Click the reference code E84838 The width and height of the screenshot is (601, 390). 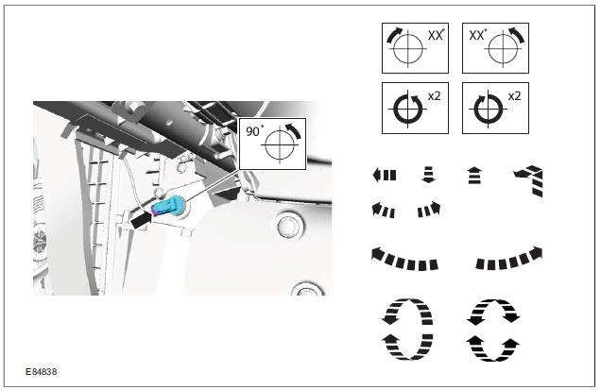coord(41,372)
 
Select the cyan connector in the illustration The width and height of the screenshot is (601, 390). coord(168,206)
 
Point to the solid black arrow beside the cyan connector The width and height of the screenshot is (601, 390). coord(141,220)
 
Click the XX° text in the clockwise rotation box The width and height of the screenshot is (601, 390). coord(436,35)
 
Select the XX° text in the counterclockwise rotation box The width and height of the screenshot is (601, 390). coord(477,35)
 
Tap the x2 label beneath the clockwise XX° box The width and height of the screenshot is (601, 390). coord(434,96)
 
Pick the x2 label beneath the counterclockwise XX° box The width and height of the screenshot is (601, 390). coord(514,96)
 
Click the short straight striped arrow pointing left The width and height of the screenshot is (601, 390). coord(385,175)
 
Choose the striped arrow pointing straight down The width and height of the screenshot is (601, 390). coord(428,175)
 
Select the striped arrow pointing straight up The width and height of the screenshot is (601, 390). coord(475,176)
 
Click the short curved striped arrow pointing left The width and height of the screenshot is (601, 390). coord(384,211)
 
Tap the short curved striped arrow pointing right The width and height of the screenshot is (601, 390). coord(429,210)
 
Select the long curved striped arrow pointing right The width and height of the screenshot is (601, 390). coord(509,261)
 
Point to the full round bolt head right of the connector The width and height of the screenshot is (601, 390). coord(287,225)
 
